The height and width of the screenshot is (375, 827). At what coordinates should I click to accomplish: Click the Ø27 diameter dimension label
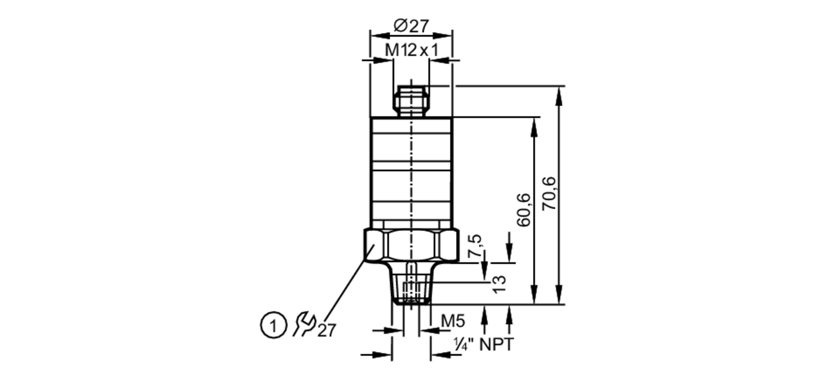pyautogui.click(x=411, y=26)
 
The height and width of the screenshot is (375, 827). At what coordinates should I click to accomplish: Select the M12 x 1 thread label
pyautogui.click(x=411, y=51)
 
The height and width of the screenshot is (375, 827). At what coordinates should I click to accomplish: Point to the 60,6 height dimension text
pyautogui.click(x=524, y=210)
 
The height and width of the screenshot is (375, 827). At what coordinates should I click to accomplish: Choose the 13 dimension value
pyautogui.click(x=500, y=284)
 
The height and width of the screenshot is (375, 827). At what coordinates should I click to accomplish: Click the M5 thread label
pyautogui.click(x=453, y=321)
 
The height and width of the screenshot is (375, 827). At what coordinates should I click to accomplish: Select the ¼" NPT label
pyautogui.click(x=483, y=344)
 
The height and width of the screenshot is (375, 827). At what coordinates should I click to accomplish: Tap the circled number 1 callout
pyautogui.click(x=273, y=326)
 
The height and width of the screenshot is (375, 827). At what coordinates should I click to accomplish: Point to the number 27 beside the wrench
pyautogui.click(x=327, y=330)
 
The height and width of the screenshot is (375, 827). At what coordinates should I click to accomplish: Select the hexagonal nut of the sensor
pyautogui.click(x=411, y=246)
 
